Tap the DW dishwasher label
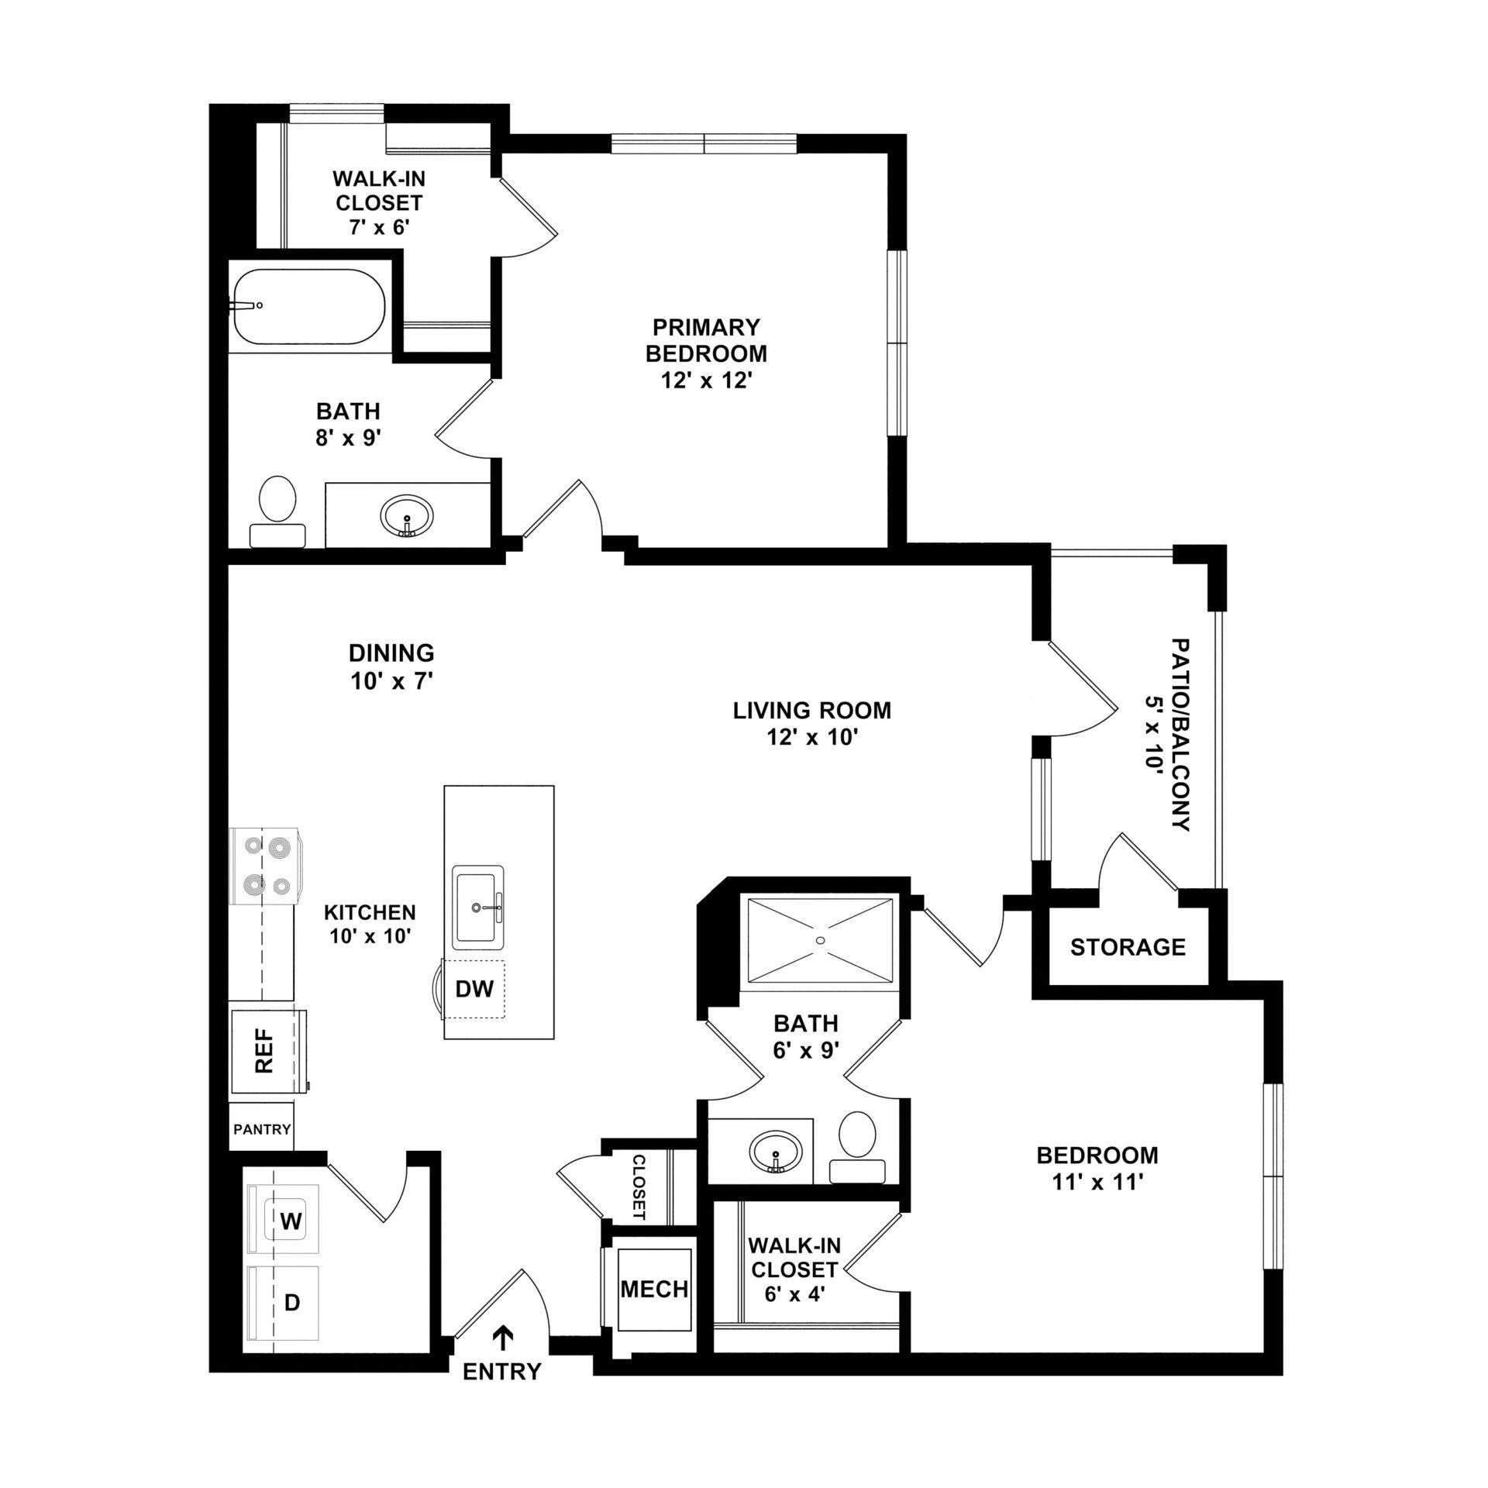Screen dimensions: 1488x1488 point(474,989)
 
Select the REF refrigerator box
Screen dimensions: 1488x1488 point(268,1051)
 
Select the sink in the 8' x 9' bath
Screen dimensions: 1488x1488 point(407,515)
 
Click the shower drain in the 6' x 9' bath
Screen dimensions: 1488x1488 point(821,940)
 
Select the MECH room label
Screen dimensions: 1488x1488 point(654,1290)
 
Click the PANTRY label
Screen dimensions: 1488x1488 point(262,1129)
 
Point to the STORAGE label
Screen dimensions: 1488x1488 point(1128,947)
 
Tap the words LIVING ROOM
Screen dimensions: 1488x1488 point(812,710)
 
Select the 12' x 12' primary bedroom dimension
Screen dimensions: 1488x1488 point(706,381)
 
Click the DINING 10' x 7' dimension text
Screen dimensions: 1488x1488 point(391,680)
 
